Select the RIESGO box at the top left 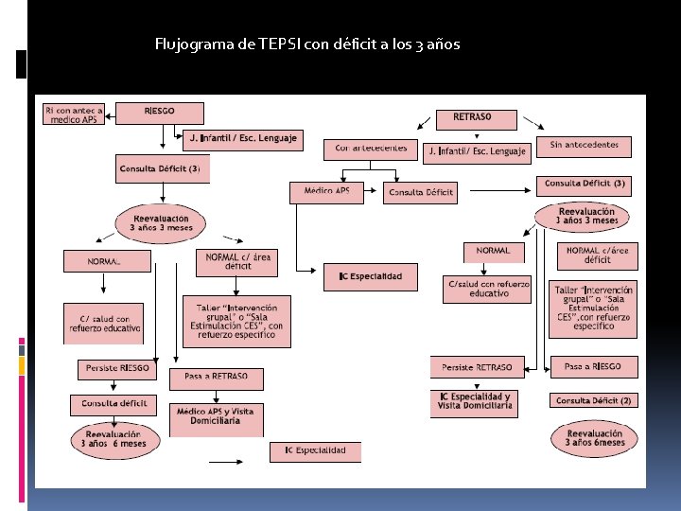(x=159, y=112)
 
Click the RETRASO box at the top (x=477, y=119)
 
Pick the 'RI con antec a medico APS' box (x=74, y=114)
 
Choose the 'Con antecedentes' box (x=371, y=149)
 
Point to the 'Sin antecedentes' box (x=583, y=146)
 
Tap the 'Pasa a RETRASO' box (x=216, y=379)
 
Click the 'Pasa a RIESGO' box (x=593, y=366)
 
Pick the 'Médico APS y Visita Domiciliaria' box (x=215, y=417)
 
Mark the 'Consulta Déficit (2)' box (x=593, y=401)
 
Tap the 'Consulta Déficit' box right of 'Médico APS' (x=420, y=193)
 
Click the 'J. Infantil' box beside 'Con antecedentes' (x=477, y=151)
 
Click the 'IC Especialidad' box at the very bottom (x=315, y=451)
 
